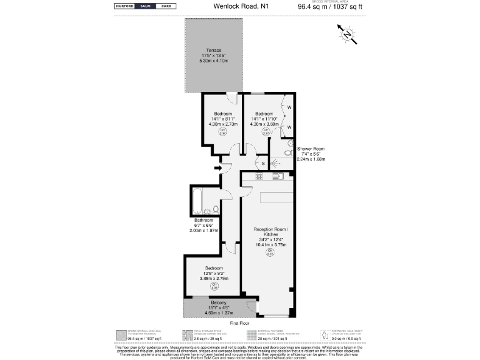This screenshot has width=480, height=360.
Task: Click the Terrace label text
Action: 215,51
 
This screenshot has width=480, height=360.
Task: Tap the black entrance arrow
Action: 217,168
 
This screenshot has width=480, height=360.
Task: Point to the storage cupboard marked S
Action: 263,163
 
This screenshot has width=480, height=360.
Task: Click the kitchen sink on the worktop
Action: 279,177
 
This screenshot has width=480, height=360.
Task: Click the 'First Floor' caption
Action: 240,323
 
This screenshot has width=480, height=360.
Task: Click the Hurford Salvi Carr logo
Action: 144,6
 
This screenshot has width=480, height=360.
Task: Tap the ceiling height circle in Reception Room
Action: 270,253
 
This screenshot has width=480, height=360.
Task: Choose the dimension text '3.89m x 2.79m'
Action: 215,278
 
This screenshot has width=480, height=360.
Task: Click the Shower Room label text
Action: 311,149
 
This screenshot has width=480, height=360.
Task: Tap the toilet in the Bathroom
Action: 215,209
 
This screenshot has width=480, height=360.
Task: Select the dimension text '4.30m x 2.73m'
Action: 222,124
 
